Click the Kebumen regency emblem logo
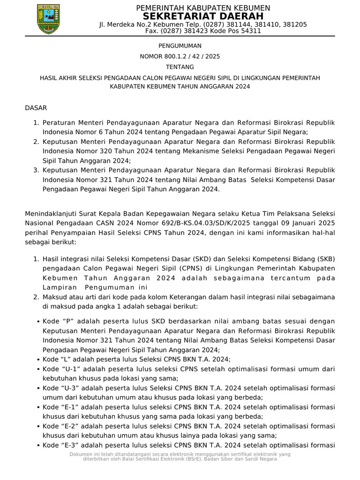[x=48, y=19]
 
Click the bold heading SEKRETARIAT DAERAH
[x=202, y=16]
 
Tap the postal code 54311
[x=251, y=31]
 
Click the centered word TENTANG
[x=180, y=67]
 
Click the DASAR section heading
[x=36, y=108]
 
